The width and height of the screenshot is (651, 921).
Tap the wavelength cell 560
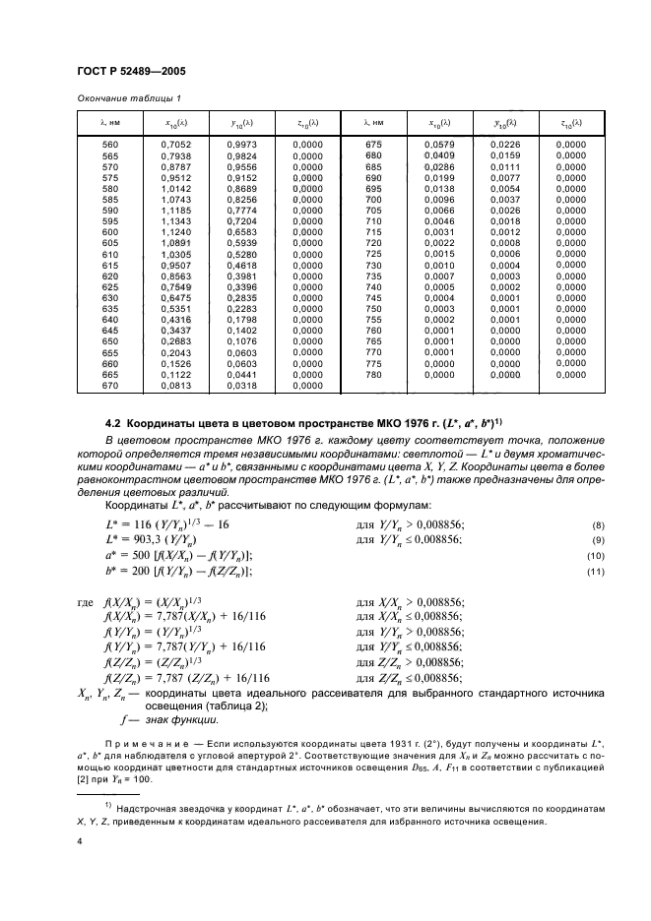click(109, 146)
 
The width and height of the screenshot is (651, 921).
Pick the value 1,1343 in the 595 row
click(173, 221)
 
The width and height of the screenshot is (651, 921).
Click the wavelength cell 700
click(373, 200)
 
